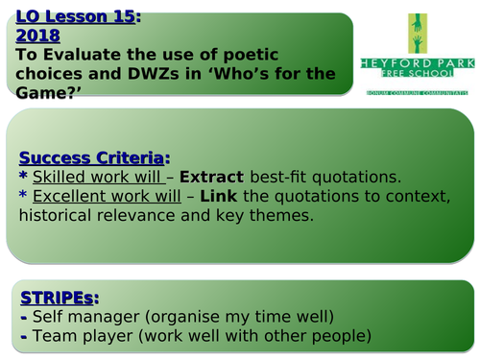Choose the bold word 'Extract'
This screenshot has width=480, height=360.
212,179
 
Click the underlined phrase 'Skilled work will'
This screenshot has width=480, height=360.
96,179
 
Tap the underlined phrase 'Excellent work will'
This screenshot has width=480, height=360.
105,197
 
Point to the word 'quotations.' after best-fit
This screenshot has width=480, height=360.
348,179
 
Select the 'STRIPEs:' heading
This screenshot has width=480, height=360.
58,296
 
